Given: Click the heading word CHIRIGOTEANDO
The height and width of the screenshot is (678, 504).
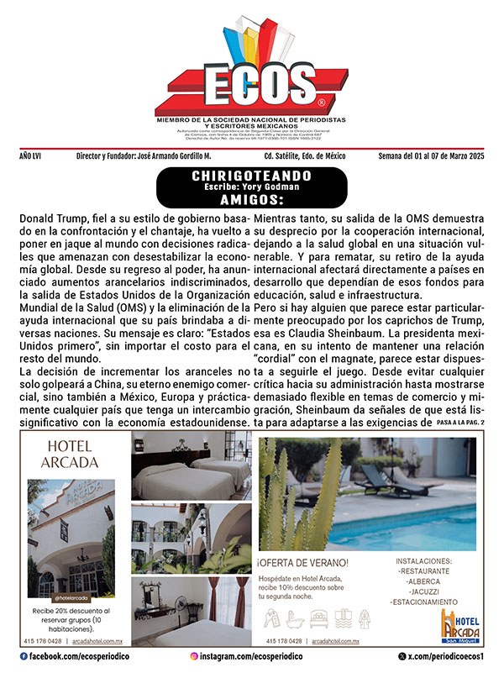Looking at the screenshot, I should pos(252,176).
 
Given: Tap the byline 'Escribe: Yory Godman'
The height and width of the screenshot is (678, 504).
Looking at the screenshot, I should pos(252,187).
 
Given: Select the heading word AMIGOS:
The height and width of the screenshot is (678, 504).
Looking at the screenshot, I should pos(252,201).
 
